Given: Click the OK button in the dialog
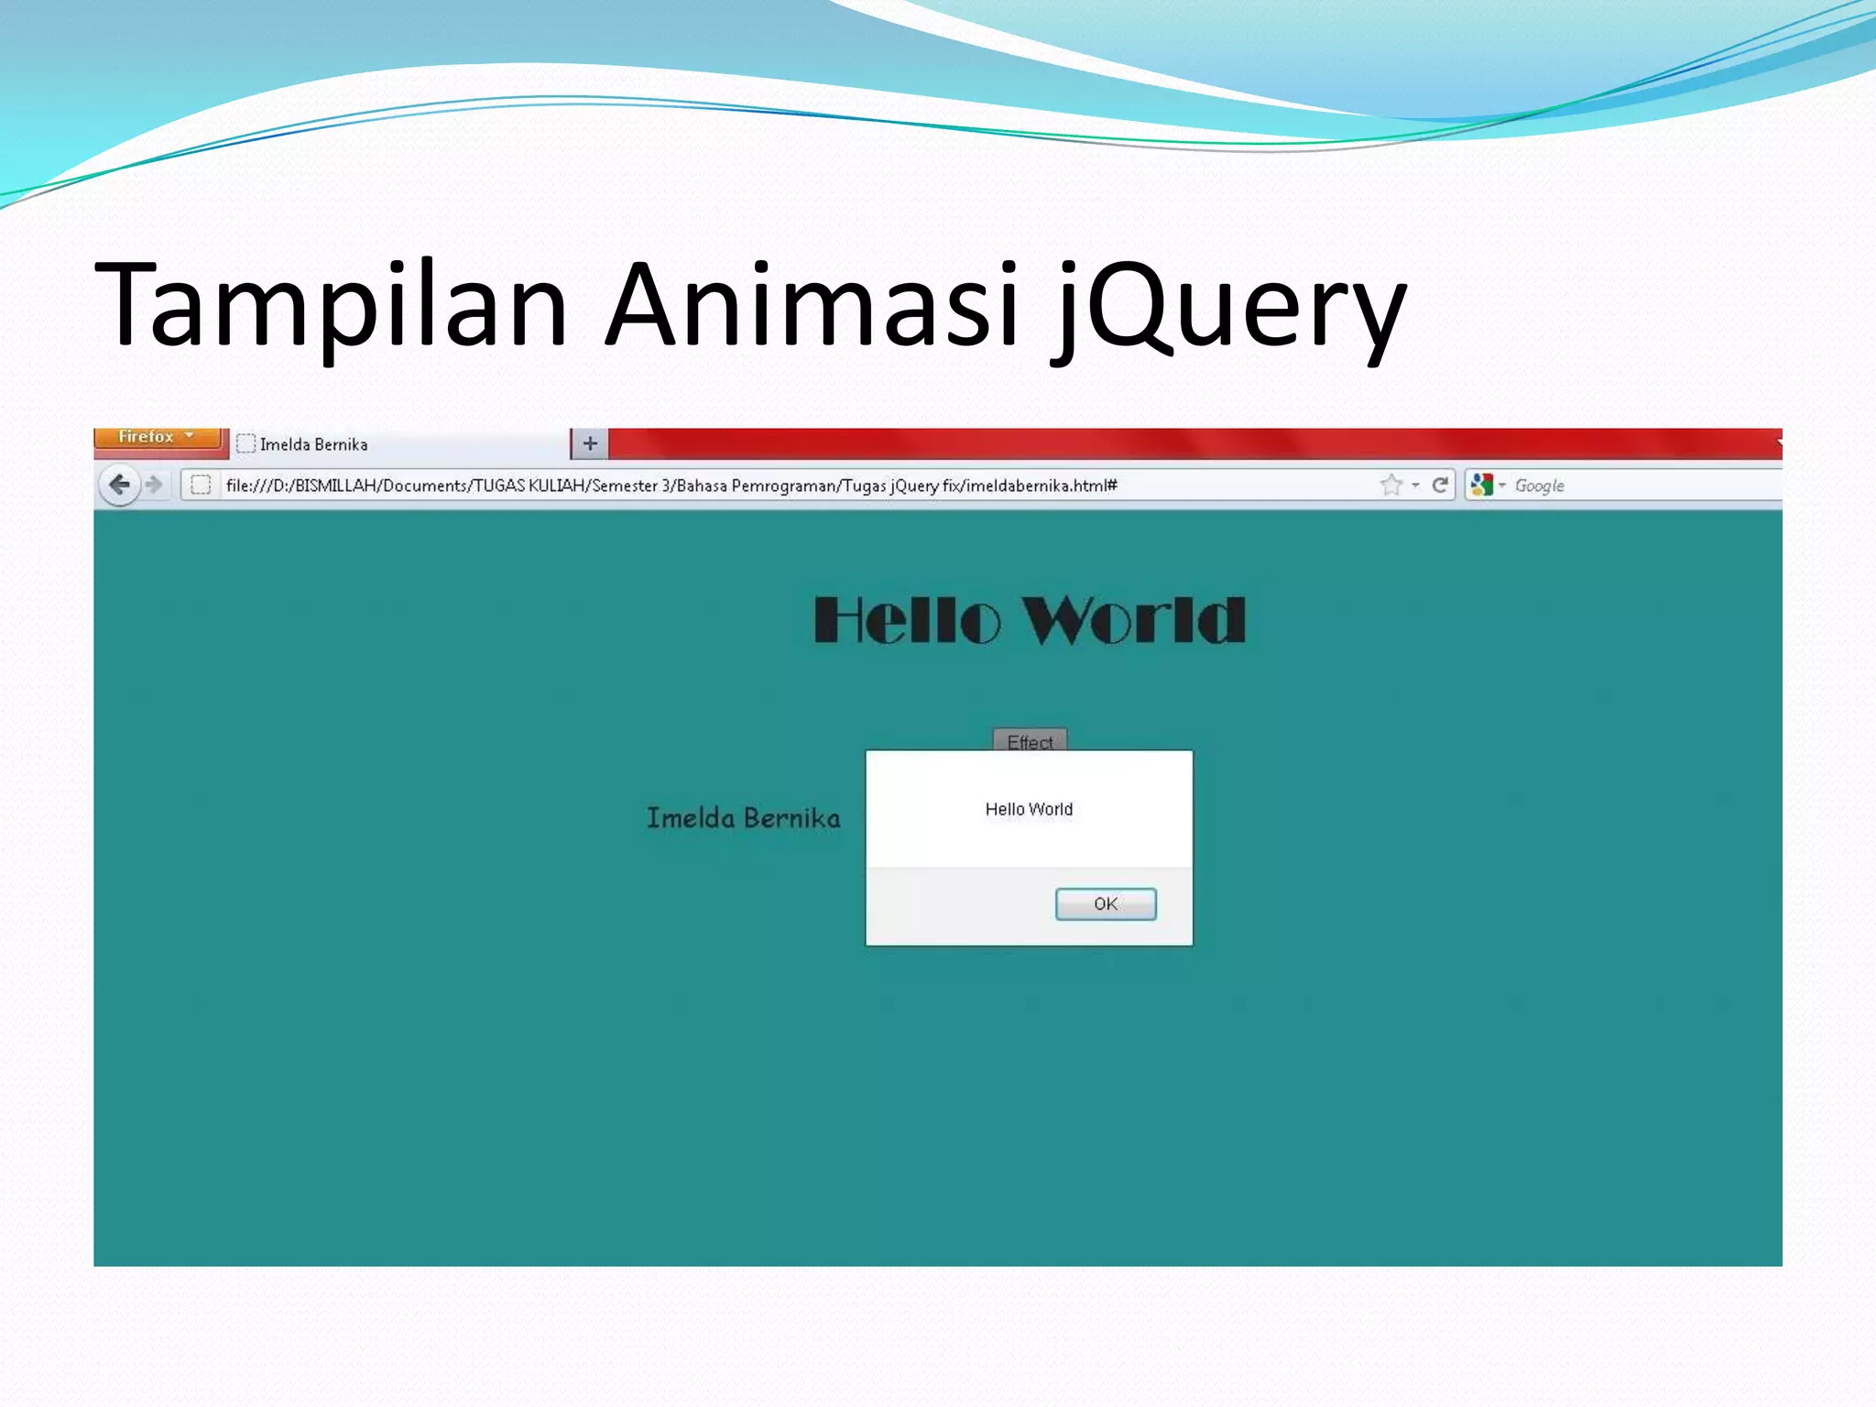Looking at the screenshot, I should click(x=1106, y=904).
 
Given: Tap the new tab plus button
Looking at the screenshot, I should click(x=590, y=444).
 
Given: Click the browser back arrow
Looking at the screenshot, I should click(x=119, y=485).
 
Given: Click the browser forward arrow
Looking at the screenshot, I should click(x=154, y=485).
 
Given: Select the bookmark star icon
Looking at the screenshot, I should click(x=1391, y=485).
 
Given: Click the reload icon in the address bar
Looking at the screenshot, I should click(x=1440, y=485).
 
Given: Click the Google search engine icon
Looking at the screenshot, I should click(x=1481, y=485).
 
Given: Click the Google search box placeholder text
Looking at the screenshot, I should click(x=1540, y=485).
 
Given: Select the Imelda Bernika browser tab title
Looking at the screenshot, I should click(x=313, y=445).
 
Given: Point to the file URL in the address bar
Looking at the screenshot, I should click(x=671, y=485).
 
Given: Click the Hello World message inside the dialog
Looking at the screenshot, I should click(x=1029, y=810).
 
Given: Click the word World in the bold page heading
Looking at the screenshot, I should click(x=1134, y=621).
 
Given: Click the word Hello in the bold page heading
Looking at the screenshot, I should click(x=907, y=621).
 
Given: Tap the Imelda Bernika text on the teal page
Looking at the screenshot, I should click(x=743, y=818).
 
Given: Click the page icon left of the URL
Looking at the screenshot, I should click(x=201, y=485).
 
